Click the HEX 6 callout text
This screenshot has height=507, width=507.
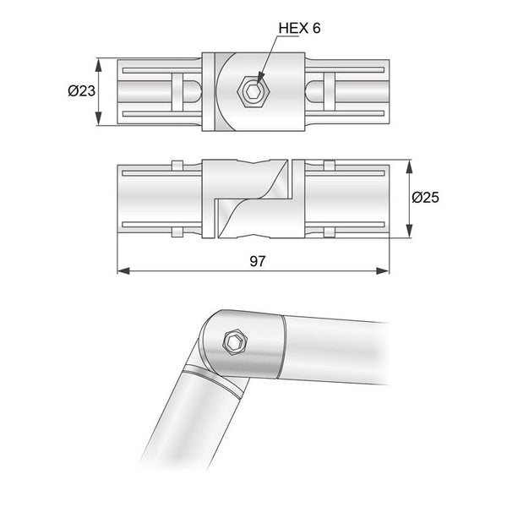tap(299, 29)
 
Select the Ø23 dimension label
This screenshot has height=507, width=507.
tap(79, 90)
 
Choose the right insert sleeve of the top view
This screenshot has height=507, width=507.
tap(346, 91)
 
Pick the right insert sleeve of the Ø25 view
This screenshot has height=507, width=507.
tap(346, 199)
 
